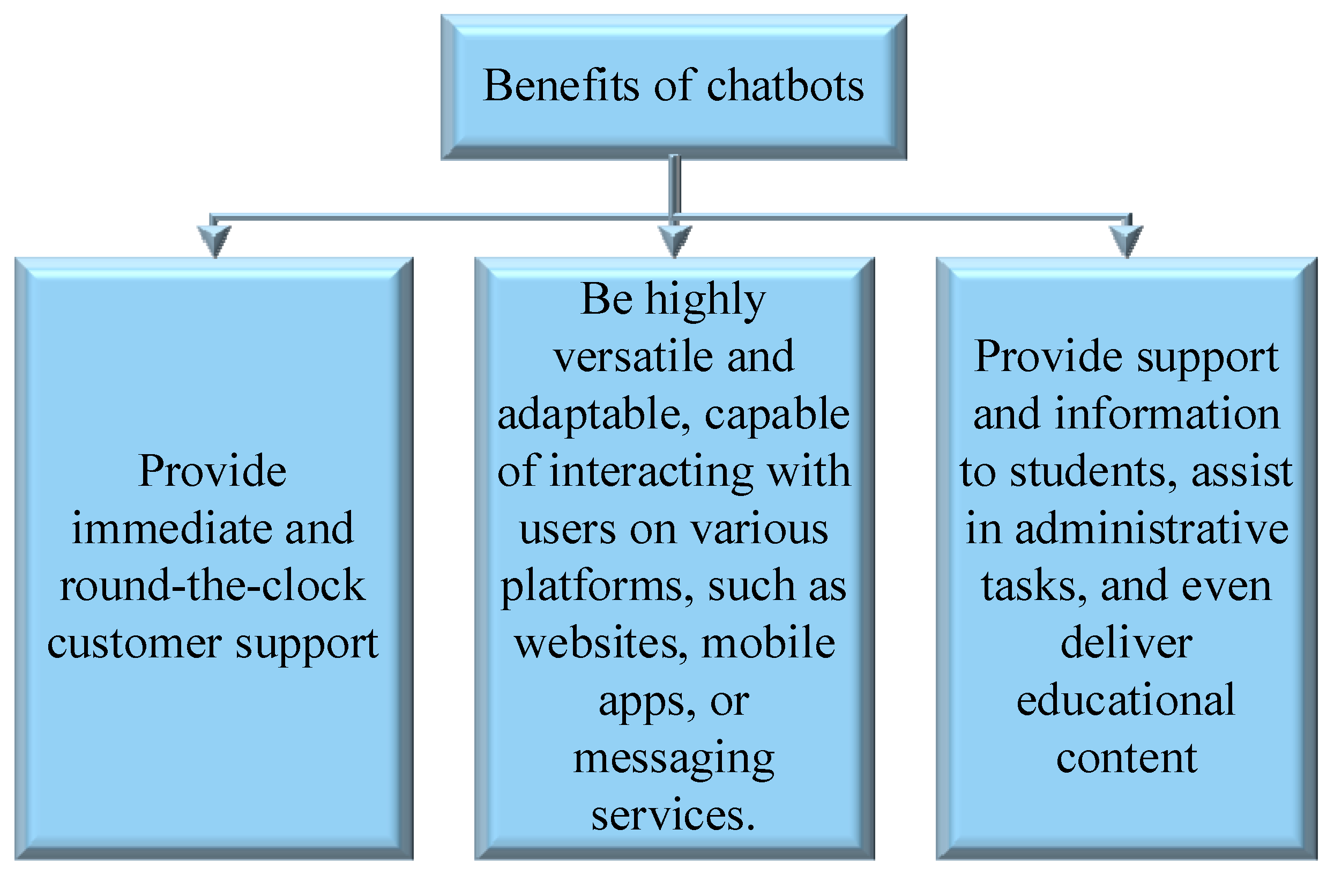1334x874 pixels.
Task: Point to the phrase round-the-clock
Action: point(212,586)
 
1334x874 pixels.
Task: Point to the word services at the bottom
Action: point(673,816)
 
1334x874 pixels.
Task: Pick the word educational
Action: point(1126,700)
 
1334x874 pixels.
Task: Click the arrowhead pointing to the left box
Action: point(214,240)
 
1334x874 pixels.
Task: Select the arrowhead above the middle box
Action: point(675,240)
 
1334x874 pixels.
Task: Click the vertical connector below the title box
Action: point(675,185)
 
